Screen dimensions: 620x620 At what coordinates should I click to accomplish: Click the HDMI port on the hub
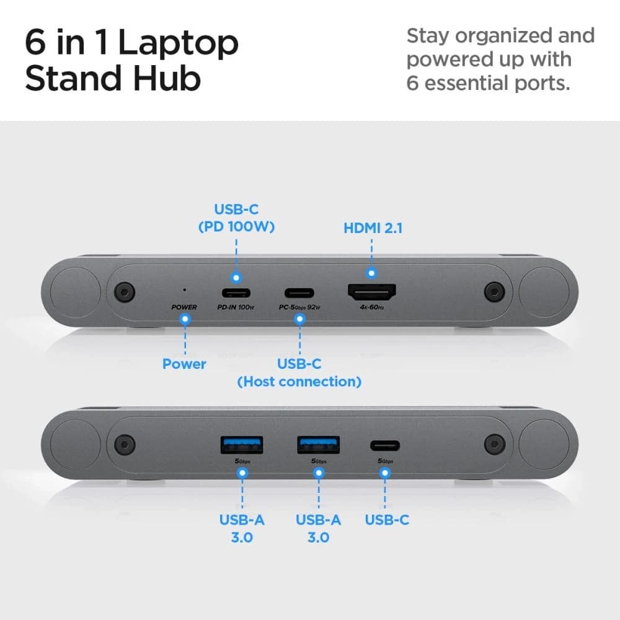click(372, 293)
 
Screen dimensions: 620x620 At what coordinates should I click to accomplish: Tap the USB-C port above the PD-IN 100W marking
click(236, 293)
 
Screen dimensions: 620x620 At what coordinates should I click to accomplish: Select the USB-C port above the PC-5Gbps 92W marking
click(299, 293)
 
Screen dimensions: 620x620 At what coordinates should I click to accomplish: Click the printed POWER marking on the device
click(184, 308)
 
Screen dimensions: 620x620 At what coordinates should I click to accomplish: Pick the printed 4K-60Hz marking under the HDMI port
click(371, 308)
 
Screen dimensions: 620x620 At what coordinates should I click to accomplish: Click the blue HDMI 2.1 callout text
click(373, 228)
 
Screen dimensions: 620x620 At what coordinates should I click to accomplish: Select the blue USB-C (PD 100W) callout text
click(236, 218)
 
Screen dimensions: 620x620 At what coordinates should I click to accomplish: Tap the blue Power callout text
click(184, 364)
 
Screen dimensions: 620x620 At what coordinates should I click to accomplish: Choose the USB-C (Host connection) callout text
click(299, 373)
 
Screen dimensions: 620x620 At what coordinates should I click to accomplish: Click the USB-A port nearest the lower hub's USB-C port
click(318, 445)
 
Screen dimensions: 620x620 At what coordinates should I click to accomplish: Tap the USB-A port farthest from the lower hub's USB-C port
click(242, 445)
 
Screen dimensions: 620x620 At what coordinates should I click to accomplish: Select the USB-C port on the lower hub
click(384, 445)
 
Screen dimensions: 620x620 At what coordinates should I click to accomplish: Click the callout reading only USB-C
click(386, 520)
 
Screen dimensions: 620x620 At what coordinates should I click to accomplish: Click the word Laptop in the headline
click(178, 43)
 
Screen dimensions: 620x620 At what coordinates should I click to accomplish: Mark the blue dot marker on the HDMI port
click(371, 272)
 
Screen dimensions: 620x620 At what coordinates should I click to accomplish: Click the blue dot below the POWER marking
click(184, 319)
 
